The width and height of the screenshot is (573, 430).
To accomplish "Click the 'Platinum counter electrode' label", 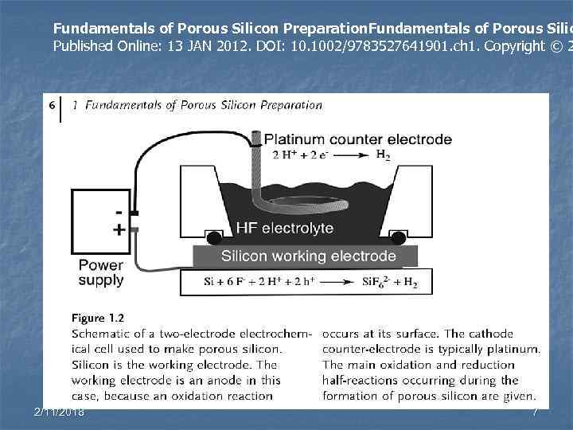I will [x=357, y=139].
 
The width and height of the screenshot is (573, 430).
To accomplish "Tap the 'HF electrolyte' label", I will [x=285, y=229].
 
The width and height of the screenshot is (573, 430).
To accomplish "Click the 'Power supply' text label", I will [x=101, y=272].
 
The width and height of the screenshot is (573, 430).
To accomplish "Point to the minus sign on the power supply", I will [x=119, y=213].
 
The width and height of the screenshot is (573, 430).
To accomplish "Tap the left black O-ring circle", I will [x=214, y=237].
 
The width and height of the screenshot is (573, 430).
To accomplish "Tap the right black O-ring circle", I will [x=398, y=237].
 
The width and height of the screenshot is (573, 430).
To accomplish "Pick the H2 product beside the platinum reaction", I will [x=383, y=154].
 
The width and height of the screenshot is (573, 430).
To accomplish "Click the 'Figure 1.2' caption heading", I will [x=97, y=318].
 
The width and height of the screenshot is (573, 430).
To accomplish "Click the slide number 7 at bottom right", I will [x=536, y=412].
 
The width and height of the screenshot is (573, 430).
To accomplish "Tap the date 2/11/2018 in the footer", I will [x=60, y=412].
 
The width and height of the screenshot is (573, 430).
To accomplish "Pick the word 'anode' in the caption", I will [x=236, y=380].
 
